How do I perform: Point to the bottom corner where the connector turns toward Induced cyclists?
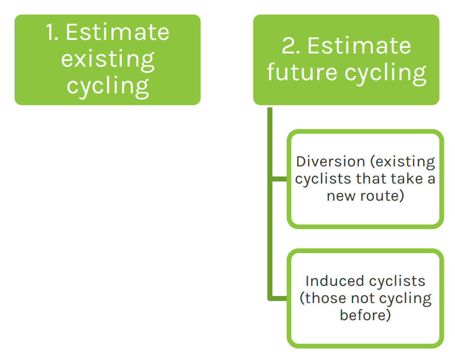(270, 298)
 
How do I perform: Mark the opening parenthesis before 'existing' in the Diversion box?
(372, 162)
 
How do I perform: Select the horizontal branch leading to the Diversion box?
(278, 179)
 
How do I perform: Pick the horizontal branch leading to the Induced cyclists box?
(278, 298)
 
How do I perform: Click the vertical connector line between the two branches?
(270, 238)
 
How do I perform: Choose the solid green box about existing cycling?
(107, 60)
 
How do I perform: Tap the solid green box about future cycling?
(346, 60)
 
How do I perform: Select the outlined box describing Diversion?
(365, 179)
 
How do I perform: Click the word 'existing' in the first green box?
(107, 60)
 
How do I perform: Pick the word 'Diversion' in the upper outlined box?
(330, 161)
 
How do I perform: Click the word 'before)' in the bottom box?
(365, 315)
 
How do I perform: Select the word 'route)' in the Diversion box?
(382, 196)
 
